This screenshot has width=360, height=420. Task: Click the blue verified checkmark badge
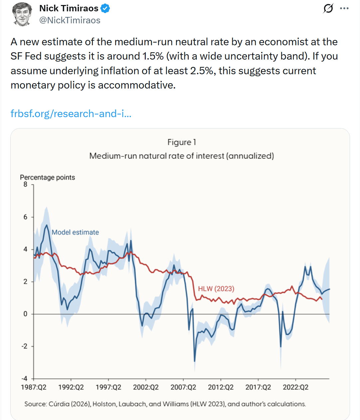pyautogui.click(x=105, y=9)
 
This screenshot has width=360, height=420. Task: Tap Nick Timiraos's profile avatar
pyautogui.click(x=22, y=14)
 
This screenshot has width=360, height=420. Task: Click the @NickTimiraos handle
pyautogui.click(x=70, y=20)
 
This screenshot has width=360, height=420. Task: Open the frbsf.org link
pyautogui.click(x=71, y=113)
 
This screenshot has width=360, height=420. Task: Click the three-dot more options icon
pyautogui.click(x=344, y=8)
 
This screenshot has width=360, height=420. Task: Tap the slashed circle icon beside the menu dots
pyautogui.click(x=328, y=9)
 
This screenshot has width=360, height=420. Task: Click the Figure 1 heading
pyautogui.click(x=182, y=142)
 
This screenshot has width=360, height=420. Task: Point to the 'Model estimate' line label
pyautogui.click(x=75, y=232)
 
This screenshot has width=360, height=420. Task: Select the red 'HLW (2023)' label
pyautogui.click(x=216, y=289)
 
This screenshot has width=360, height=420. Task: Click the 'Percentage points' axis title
pyautogui.click(x=47, y=177)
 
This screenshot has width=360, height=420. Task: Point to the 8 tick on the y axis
pyautogui.click(x=25, y=184)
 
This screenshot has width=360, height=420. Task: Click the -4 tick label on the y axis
pyautogui.click(x=24, y=378)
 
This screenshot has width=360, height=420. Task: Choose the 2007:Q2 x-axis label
pyautogui.click(x=183, y=387)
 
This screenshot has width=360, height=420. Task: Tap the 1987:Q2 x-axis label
pyautogui.click(x=34, y=387)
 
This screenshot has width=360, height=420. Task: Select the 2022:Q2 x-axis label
pyautogui.click(x=295, y=387)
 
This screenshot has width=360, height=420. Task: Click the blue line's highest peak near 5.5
pyautogui.click(x=47, y=225)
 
